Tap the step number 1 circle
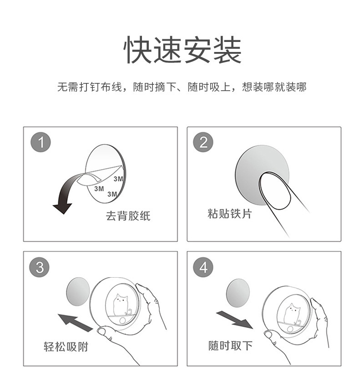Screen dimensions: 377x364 tap(40, 143)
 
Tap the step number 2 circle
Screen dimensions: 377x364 tap(203, 143)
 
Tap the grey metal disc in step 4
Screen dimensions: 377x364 tap(238, 292)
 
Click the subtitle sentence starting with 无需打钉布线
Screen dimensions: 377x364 tap(182, 87)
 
